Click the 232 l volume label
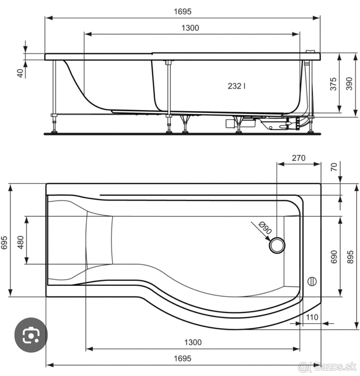pyautogui.click(x=236, y=86)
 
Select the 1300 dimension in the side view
pyautogui.click(x=190, y=28)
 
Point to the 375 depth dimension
pyautogui.click(x=333, y=84)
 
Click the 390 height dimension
pyautogui.click(x=349, y=84)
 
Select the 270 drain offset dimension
pyautogui.click(x=298, y=158)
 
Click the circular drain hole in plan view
pyautogui.click(x=277, y=245)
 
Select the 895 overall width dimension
pyautogui.click(x=352, y=257)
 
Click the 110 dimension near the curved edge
pyautogui.click(x=312, y=317)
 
